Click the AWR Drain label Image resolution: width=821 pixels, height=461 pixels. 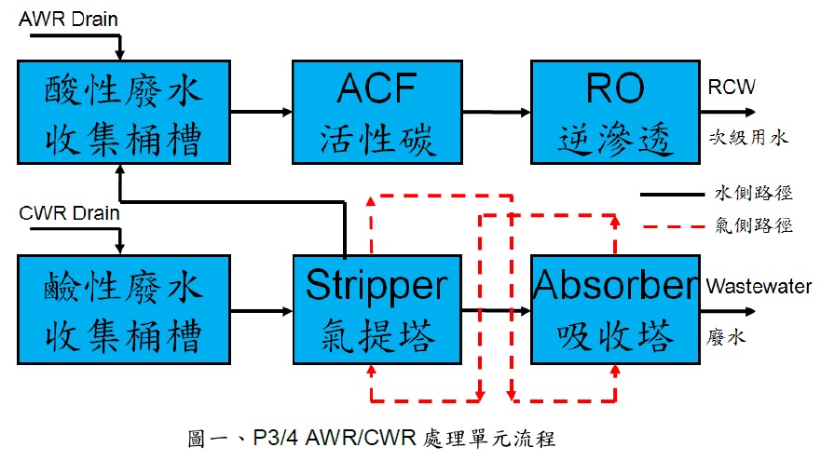click(x=68, y=20)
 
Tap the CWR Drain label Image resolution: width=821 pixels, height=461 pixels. click(x=69, y=213)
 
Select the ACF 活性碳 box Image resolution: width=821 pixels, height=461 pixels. click(x=377, y=112)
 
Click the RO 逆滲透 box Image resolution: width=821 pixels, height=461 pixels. click(x=615, y=112)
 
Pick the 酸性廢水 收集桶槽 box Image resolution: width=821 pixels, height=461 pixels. click(x=124, y=112)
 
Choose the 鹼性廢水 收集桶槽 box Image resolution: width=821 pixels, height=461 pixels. click(x=124, y=310)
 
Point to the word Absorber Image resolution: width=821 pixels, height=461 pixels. click(x=616, y=285)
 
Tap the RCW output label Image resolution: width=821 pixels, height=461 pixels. click(x=732, y=87)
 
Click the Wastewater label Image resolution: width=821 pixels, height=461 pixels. click(x=759, y=286)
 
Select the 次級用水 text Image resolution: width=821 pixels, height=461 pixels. click(x=748, y=138)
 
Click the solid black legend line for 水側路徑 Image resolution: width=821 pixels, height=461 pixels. click(x=672, y=195)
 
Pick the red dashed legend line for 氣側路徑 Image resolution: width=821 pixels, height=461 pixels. click(x=674, y=226)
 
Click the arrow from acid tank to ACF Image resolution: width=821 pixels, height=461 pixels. click(x=261, y=112)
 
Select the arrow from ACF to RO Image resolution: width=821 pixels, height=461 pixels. click(x=497, y=112)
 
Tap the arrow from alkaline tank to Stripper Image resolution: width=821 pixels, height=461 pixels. click(x=261, y=311)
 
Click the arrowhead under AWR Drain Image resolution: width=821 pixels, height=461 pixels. click(x=120, y=55)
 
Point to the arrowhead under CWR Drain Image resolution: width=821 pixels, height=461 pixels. click(x=120, y=249)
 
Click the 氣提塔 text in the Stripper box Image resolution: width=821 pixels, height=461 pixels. click(x=378, y=336)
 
